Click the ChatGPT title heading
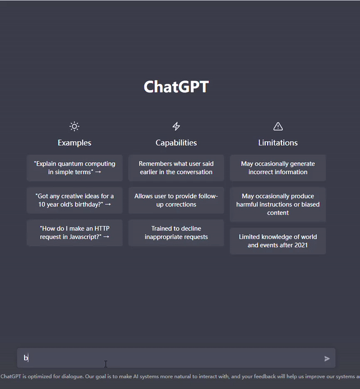(x=176, y=86)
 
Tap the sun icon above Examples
(x=74, y=126)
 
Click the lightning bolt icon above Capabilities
(x=176, y=126)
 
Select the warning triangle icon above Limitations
(x=278, y=126)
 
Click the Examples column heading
(x=74, y=143)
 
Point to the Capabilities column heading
(x=176, y=143)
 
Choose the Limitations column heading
(x=278, y=143)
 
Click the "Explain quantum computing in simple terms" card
(x=74, y=168)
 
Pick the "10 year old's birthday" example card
(x=74, y=201)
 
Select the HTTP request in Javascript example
(x=74, y=233)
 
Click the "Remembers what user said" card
(x=176, y=168)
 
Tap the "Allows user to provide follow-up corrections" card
(x=176, y=201)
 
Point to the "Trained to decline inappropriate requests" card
(x=176, y=233)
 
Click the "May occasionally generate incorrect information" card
(x=278, y=168)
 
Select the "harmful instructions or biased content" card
(x=278, y=205)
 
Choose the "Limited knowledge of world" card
(x=278, y=241)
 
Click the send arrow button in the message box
(x=327, y=358)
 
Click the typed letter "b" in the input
(x=26, y=358)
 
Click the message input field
(x=174, y=358)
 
